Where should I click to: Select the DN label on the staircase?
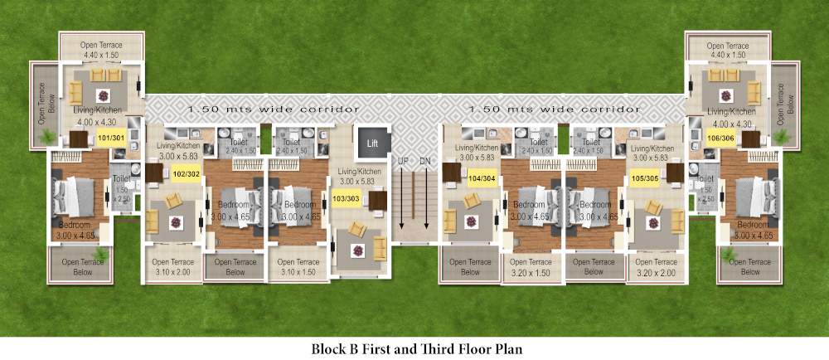424,160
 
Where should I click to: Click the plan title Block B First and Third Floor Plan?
414,348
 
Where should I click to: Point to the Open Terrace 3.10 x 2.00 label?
172,267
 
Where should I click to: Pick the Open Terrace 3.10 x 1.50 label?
298,267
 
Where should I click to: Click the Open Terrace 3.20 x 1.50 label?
531,267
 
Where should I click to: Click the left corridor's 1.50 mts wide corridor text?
273,109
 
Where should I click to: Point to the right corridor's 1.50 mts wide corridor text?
554,109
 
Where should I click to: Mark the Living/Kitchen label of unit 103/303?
358,176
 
